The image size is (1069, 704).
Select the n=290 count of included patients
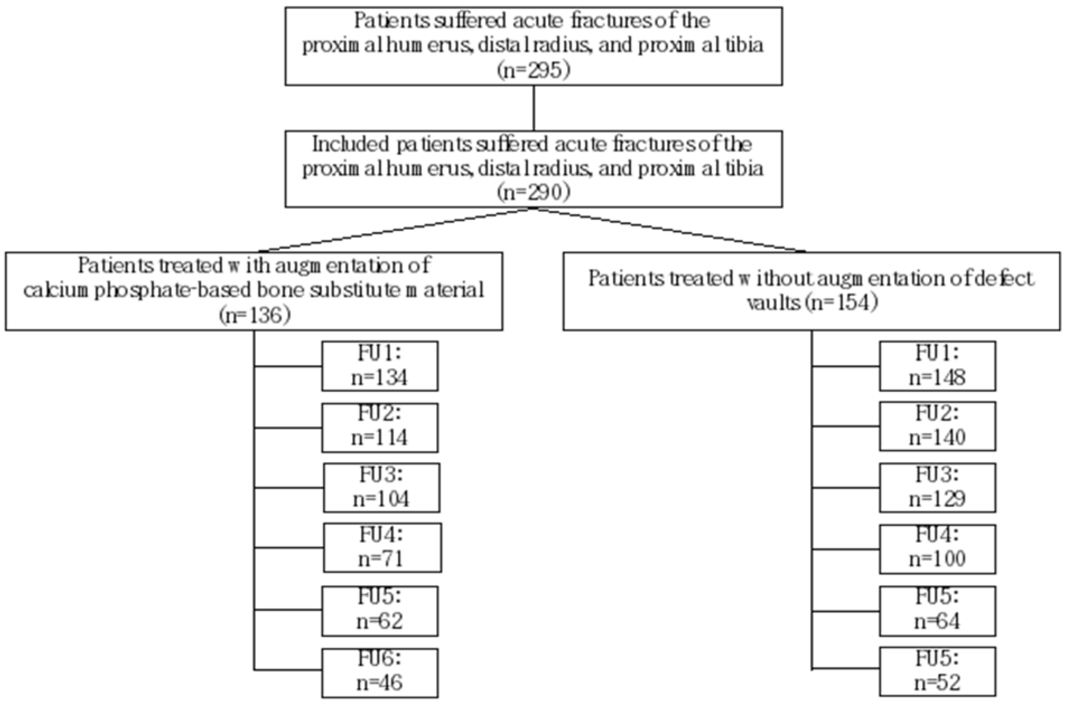click(534, 193)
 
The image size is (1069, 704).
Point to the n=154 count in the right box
click(840, 303)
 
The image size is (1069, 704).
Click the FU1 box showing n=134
click(380, 366)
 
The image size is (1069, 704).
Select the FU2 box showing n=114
click(380, 427)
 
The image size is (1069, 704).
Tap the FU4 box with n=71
click(382, 548)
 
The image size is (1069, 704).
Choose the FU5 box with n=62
click(380, 611)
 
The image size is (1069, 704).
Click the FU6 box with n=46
click(380, 672)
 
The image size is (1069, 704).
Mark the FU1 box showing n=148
click(937, 366)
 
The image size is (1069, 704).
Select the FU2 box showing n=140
click(937, 427)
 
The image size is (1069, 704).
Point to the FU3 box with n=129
click(937, 488)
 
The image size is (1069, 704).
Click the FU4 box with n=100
click(937, 549)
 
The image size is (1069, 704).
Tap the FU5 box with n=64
click(937, 611)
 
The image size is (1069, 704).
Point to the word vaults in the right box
click(773, 304)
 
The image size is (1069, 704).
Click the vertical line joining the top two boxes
click(534, 108)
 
